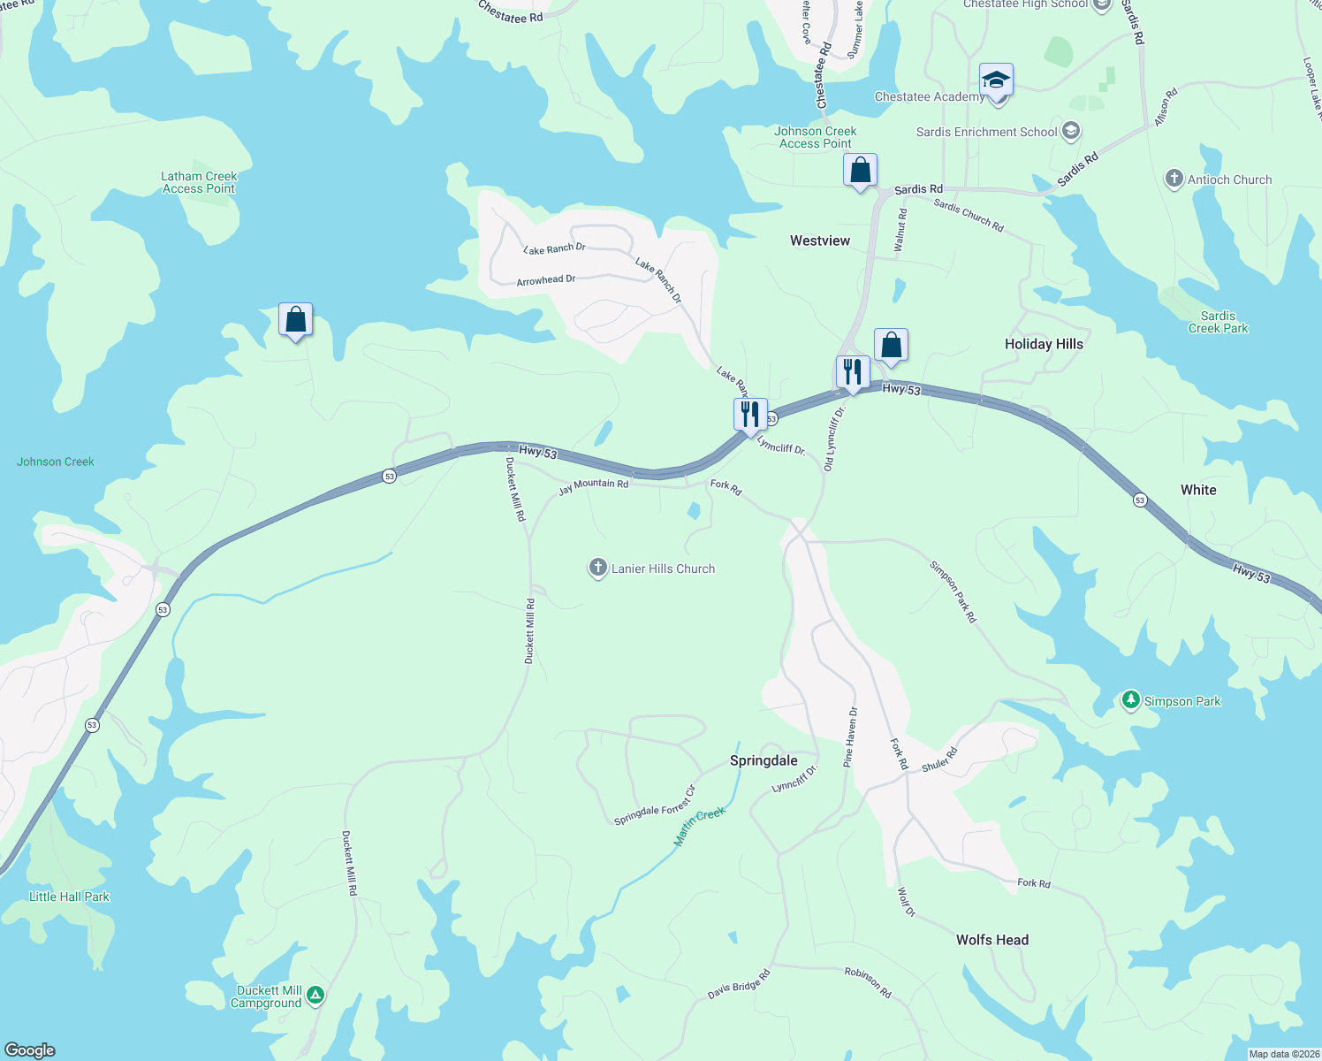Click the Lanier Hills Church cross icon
pos(598,568)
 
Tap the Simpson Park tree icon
pos(1130,700)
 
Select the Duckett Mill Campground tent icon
pos(315,996)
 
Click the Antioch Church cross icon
pos(1174,179)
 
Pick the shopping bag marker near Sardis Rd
pos(860,170)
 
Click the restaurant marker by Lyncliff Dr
pos(749,415)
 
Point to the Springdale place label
pos(764,760)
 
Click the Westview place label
pos(820,240)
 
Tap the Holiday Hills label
pos(1044,344)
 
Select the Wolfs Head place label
pos(992,940)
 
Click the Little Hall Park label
pos(70,897)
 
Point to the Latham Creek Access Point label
pos(199,182)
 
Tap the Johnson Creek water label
pos(56,462)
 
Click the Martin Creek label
pos(699,827)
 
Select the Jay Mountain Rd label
pos(594,485)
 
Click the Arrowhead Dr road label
pos(546,280)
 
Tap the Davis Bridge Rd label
pos(739,985)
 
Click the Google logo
pos(30,1050)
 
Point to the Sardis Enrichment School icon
pos(1071,132)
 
